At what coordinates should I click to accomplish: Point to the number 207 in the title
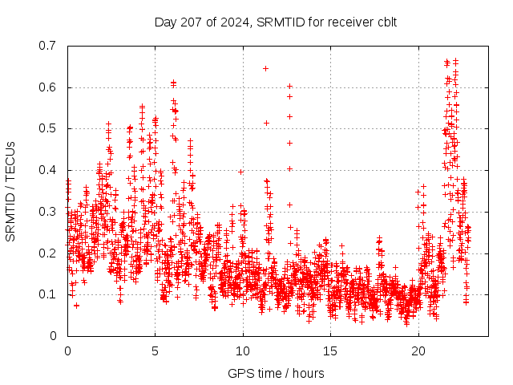tap(185, 22)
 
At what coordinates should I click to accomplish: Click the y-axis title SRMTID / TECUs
tap(10, 191)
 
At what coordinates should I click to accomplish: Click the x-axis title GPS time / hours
tap(276, 373)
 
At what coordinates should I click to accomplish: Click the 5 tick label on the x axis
tap(155, 351)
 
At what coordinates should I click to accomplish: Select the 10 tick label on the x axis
tap(243, 351)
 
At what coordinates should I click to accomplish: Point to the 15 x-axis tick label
tap(330, 351)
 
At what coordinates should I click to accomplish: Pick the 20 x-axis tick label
tap(418, 351)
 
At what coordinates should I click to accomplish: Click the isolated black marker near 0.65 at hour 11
tap(265, 68)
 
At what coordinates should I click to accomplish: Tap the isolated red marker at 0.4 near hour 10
tap(240, 171)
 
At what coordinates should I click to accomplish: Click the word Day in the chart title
tap(164, 22)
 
